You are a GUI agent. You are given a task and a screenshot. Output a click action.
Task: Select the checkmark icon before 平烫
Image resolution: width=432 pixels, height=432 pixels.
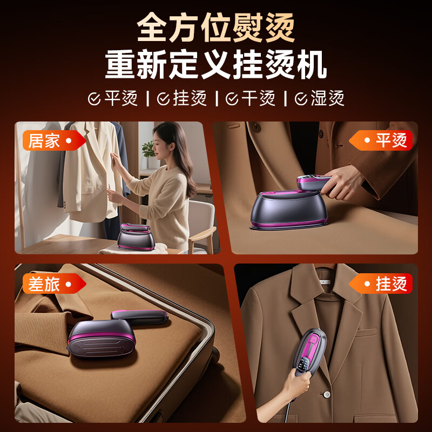coord(94,99)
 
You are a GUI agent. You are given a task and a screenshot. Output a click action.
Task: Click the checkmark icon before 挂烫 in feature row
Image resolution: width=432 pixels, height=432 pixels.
coord(163,99)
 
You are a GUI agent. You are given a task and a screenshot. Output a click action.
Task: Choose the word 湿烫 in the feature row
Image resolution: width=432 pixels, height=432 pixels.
coord(327,99)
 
